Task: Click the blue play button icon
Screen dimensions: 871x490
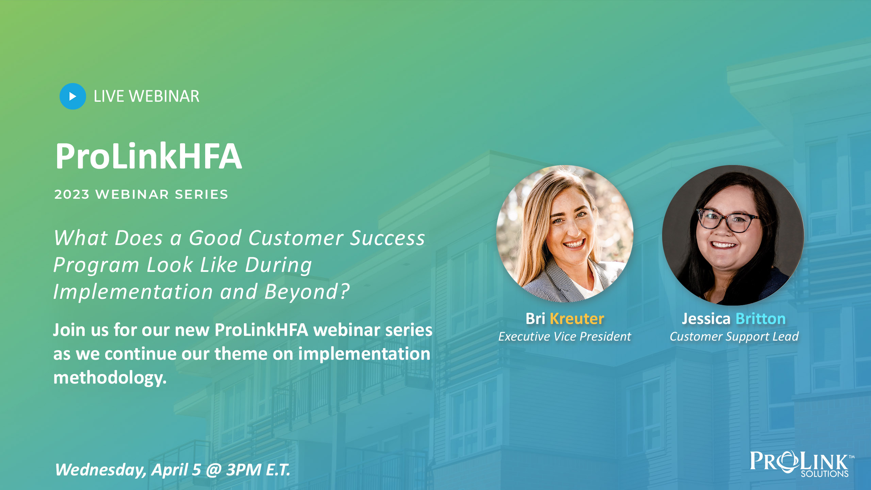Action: point(72,96)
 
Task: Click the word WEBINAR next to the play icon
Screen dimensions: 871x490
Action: point(164,96)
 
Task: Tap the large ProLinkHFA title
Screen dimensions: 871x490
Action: point(149,156)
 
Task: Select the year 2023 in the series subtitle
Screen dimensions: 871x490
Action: point(71,194)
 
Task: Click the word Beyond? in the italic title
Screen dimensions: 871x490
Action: point(307,292)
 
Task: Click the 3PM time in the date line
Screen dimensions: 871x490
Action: point(244,470)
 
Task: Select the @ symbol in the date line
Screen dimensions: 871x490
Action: point(214,470)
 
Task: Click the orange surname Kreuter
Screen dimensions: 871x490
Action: point(577,318)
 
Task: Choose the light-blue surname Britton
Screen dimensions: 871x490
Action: point(760,319)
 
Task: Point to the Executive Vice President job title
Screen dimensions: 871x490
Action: point(564,337)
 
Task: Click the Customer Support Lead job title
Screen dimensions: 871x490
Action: point(734,337)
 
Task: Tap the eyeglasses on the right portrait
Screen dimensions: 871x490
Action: point(728,220)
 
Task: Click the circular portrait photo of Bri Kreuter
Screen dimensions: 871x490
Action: point(565,233)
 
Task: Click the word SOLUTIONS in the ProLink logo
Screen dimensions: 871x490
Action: point(824,474)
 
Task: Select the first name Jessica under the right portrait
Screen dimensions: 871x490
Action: point(706,319)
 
